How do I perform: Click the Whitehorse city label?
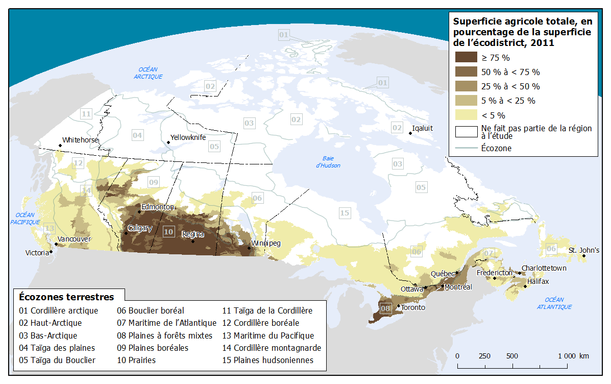(x=80, y=140)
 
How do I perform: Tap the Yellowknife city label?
(x=188, y=137)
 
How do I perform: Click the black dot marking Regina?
(x=192, y=241)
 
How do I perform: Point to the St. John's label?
(x=584, y=250)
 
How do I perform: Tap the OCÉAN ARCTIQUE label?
(x=148, y=73)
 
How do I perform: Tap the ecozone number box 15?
(x=345, y=212)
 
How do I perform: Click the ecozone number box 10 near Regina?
(x=169, y=231)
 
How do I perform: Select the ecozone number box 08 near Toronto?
(x=386, y=308)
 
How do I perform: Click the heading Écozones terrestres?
(x=66, y=297)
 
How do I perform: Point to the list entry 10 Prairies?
(x=136, y=360)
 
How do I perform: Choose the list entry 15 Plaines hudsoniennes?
(x=267, y=360)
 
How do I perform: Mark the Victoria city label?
(x=37, y=253)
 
